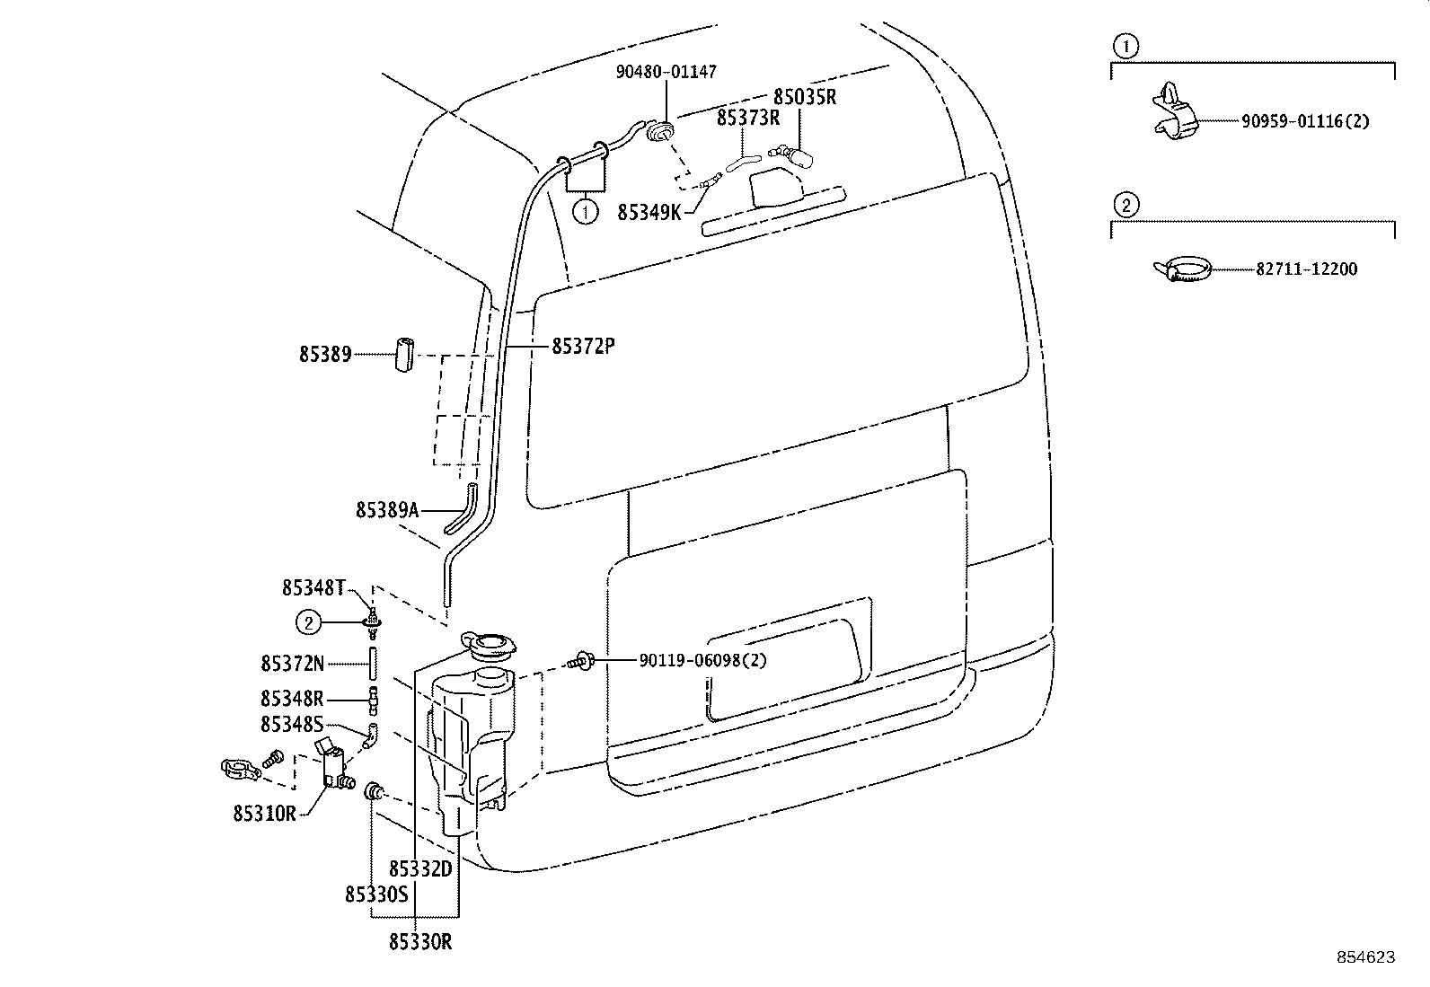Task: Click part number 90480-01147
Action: coord(666,72)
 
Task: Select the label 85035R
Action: coord(805,97)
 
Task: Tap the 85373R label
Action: coord(748,119)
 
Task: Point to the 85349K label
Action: coord(649,213)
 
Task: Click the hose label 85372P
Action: coord(583,347)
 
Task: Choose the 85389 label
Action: coord(325,355)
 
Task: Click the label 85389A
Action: coord(387,511)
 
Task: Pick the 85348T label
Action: coord(313,588)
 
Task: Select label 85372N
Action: coord(293,664)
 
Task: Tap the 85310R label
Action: coord(264,814)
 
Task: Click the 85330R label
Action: coord(420,942)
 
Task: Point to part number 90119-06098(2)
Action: coord(702,660)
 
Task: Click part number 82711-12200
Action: coord(1307,269)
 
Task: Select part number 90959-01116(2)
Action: coord(1305,121)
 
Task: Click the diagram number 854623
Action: coord(1366,957)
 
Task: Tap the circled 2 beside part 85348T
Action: coord(309,622)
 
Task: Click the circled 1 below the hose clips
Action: coord(586,211)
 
